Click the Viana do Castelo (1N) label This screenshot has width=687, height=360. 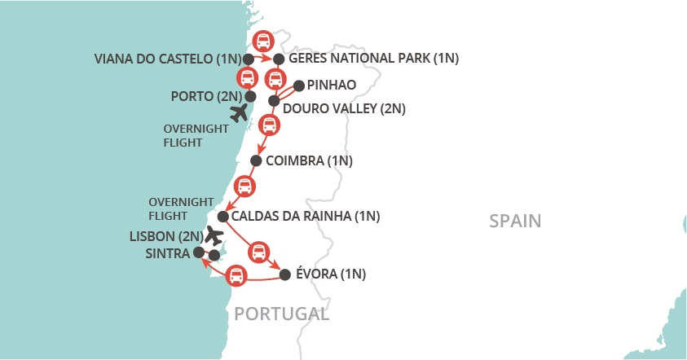point(168,59)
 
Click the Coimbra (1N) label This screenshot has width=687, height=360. point(309,160)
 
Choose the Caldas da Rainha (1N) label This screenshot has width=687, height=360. point(306,217)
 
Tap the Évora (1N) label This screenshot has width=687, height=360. point(331,274)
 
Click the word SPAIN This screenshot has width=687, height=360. point(515,221)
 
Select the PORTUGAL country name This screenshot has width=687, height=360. point(281,314)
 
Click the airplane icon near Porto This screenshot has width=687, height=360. point(239,112)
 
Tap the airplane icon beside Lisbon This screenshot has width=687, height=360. point(214,235)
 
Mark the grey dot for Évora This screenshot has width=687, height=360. point(284,274)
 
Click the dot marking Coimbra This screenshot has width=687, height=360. point(256,160)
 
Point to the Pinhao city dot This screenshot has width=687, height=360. point(298,85)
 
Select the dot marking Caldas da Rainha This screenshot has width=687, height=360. point(222,217)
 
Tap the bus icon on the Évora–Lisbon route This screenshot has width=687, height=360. point(236,276)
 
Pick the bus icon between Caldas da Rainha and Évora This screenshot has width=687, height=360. point(258,251)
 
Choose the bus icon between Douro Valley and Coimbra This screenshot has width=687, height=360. point(269,126)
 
